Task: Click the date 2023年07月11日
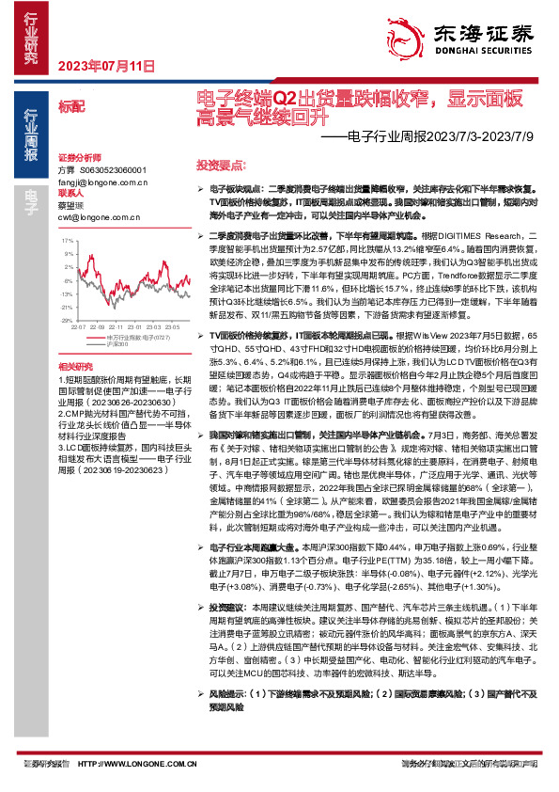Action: [x=105, y=66]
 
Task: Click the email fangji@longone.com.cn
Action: [x=97, y=182]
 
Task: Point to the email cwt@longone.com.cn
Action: [x=92, y=216]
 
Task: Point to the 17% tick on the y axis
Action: [x=68, y=241]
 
